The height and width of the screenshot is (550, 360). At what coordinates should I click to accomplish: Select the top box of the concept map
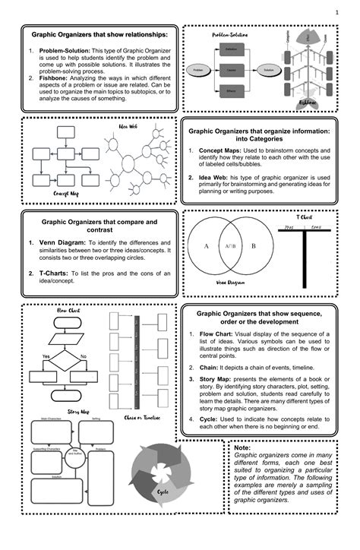click(68, 131)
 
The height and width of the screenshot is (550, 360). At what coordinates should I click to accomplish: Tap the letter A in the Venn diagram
click(205, 247)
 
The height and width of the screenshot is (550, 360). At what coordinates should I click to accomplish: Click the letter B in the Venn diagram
click(254, 247)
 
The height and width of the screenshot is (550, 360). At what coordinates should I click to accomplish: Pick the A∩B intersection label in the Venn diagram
click(229, 247)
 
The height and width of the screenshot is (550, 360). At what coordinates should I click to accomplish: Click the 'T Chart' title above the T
click(304, 217)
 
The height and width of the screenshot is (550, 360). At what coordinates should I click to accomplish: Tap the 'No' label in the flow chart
click(83, 356)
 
